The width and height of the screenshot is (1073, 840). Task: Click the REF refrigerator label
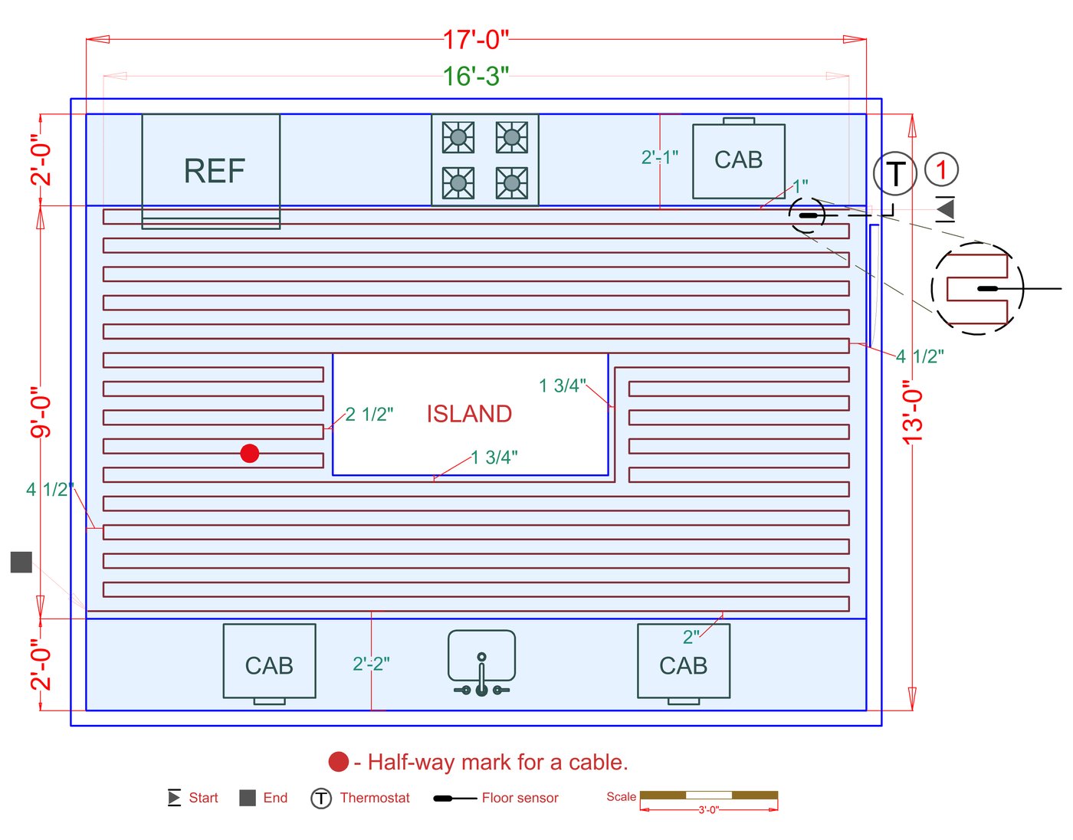click(215, 171)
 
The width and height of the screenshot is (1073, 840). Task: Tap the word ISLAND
click(468, 414)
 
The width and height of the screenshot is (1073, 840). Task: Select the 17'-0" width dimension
click(475, 40)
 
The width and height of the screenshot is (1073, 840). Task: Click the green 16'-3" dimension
click(475, 76)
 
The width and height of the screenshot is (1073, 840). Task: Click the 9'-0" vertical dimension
click(41, 412)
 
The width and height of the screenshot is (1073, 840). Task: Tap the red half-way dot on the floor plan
click(249, 453)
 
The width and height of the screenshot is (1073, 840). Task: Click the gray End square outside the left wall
click(21, 562)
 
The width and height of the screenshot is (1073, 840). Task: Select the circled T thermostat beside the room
click(894, 173)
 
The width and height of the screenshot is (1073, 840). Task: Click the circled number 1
click(941, 169)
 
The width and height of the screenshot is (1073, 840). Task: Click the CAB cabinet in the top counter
click(739, 159)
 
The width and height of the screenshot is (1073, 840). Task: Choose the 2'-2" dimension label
click(371, 664)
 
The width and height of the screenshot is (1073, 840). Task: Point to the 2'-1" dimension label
click(660, 157)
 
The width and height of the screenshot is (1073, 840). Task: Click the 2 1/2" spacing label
click(369, 415)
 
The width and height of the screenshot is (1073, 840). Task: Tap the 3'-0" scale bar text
click(709, 810)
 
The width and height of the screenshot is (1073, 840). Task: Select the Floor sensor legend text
click(520, 798)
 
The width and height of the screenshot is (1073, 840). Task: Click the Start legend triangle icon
click(174, 798)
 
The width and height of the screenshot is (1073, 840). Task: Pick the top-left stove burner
click(458, 137)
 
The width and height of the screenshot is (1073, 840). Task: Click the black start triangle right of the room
click(945, 208)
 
